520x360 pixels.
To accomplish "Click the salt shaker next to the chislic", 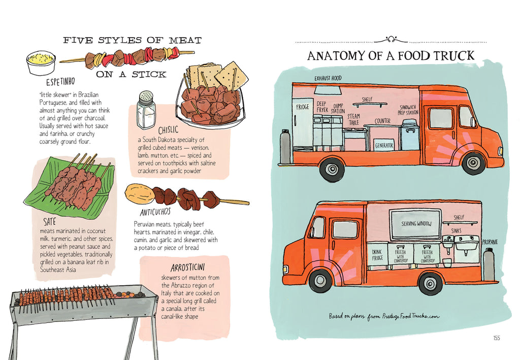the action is (146, 110).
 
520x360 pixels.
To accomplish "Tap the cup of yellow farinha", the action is (41, 62).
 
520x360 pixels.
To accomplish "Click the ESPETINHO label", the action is (61, 82).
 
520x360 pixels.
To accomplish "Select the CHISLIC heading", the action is (169, 130).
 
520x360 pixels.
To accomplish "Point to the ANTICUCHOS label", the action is (155, 212).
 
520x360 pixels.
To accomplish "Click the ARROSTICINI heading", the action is (188, 267).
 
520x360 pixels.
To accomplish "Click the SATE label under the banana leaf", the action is (49, 221).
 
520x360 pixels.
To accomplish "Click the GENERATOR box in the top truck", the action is (384, 145).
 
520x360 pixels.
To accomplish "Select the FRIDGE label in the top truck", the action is (303, 107).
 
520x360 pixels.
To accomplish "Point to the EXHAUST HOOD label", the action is (328, 78).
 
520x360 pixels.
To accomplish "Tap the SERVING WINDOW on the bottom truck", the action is (416, 224).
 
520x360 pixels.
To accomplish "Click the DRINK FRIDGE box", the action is (377, 255).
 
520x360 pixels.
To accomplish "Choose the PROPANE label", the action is (490, 242).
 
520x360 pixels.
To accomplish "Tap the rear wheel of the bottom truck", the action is (430, 283).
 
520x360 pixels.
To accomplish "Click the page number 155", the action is (497, 338).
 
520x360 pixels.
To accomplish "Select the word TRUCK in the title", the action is (454, 56).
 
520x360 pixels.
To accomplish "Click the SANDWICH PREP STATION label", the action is (408, 110).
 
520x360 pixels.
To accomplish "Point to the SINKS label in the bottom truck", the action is (456, 231).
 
